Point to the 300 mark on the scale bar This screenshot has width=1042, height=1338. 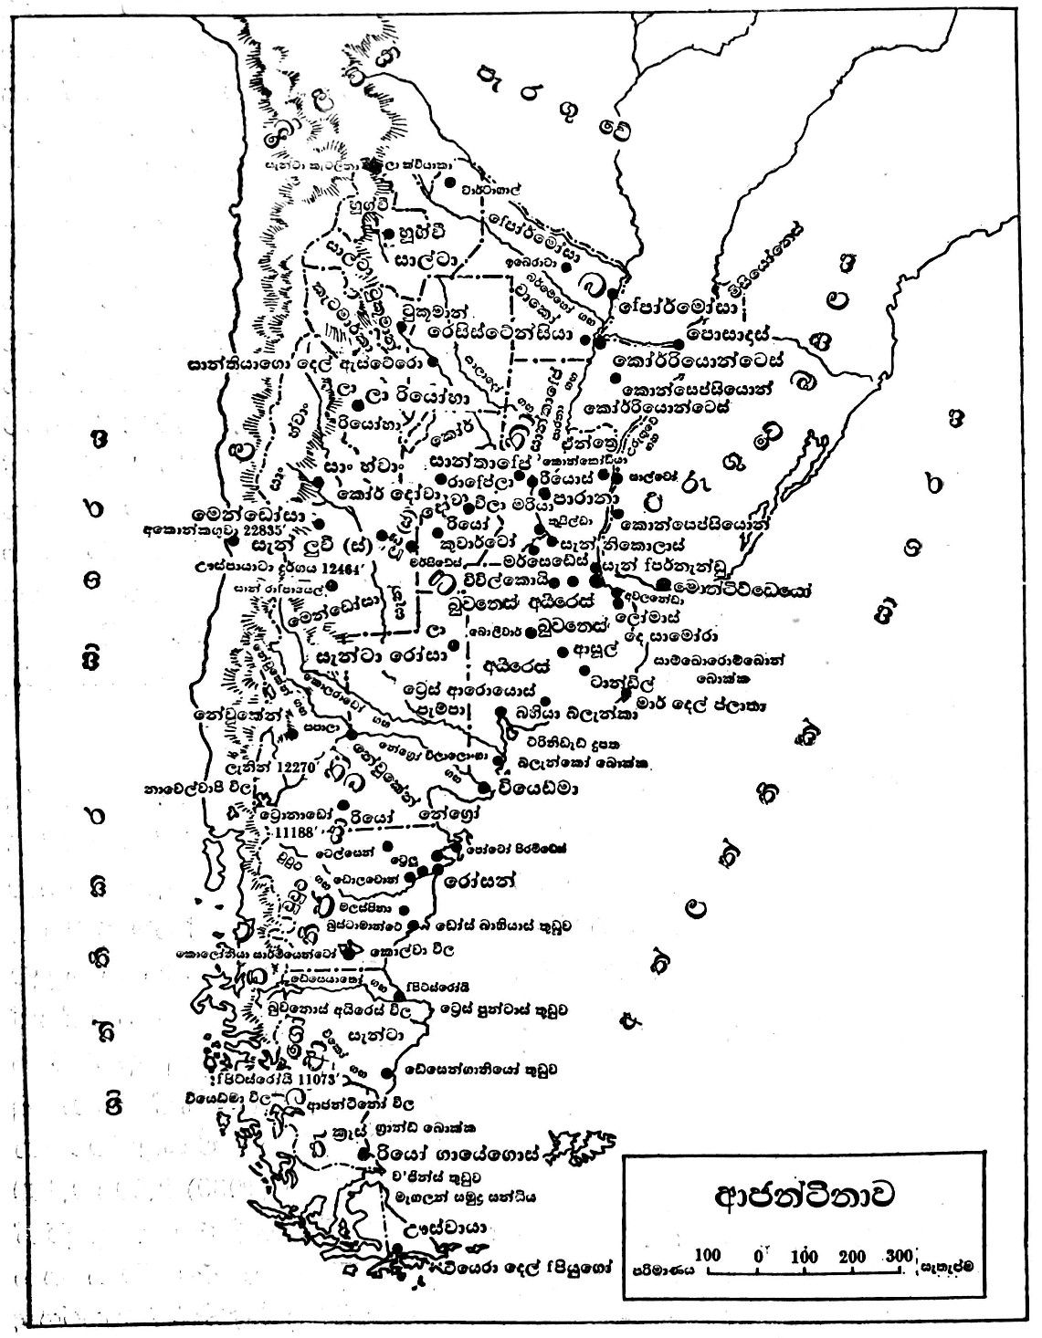pos(899,1255)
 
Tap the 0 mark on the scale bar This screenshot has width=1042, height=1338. pos(759,1255)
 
